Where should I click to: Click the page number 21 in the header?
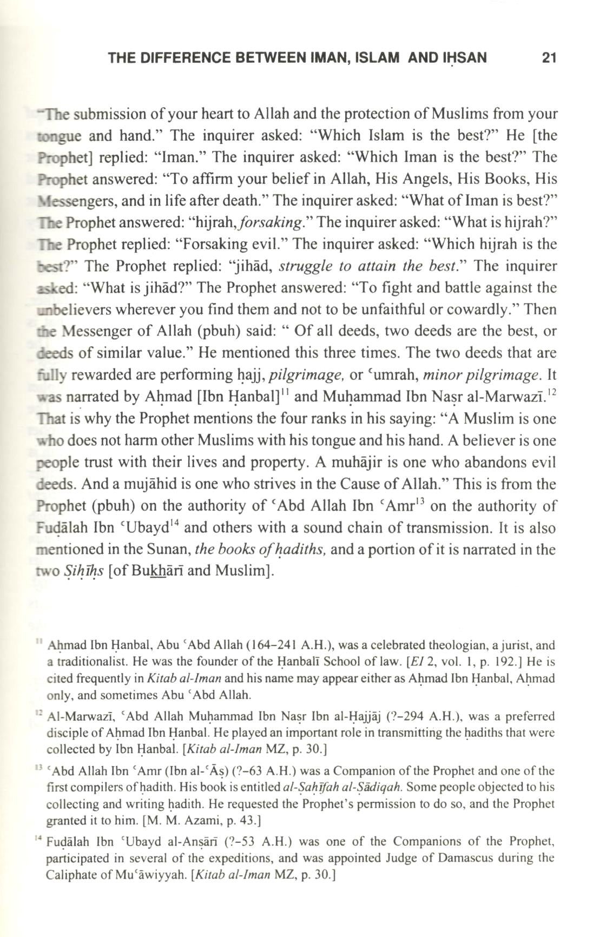click(x=549, y=57)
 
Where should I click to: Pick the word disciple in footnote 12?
click(x=65, y=733)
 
